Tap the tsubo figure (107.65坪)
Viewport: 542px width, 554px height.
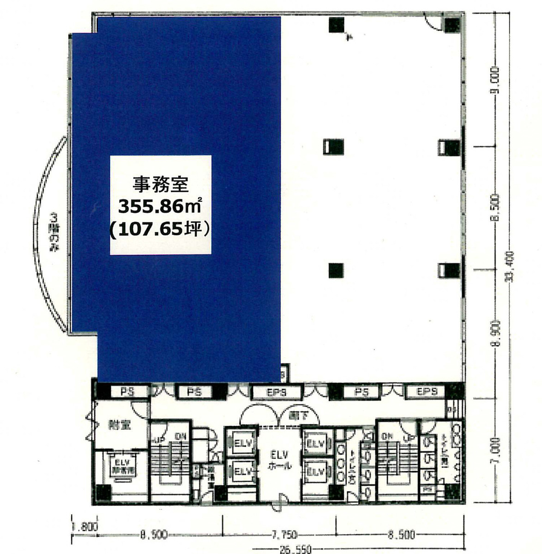pyautogui.click(x=160, y=229)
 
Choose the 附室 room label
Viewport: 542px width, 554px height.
pyautogui.click(x=119, y=425)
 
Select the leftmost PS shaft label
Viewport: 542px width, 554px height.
pyautogui.click(x=127, y=392)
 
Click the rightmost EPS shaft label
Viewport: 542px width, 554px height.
pyautogui.click(x=426, y=392)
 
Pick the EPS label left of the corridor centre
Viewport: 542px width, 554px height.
pyautogui.click(x=276, y=392)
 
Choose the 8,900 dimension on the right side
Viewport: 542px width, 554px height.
pyautogui.click(x=494, y=331)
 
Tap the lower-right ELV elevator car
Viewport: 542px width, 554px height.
pyautogui.click(x=316, y=472)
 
